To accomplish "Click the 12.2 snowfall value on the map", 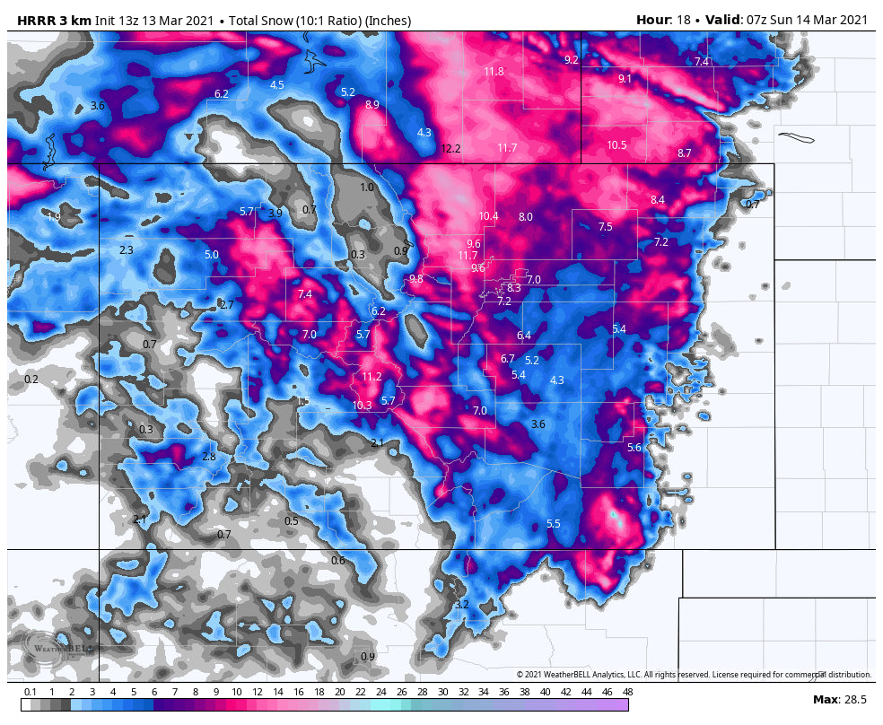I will [450, 149].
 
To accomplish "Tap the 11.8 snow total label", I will [494, 72].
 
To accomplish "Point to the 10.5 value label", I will [616, 145].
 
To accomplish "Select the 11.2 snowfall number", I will [372, 377].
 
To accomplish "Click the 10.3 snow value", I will [362, 406].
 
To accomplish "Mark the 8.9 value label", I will [372, 105].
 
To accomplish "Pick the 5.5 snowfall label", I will [553, 524].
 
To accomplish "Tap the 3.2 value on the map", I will [462, 605].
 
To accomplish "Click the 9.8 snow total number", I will [415, 279].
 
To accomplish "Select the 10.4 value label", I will [488, 216].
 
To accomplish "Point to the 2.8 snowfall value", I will [209, 457].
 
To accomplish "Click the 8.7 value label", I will [684, 153].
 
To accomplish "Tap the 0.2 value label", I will [31, 380].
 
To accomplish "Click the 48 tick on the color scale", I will [627, 692].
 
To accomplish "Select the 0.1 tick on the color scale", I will [31, 692].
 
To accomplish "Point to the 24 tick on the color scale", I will [380, 692].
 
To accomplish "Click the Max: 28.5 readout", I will [839, 700].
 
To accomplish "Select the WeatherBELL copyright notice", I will [694, 675].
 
